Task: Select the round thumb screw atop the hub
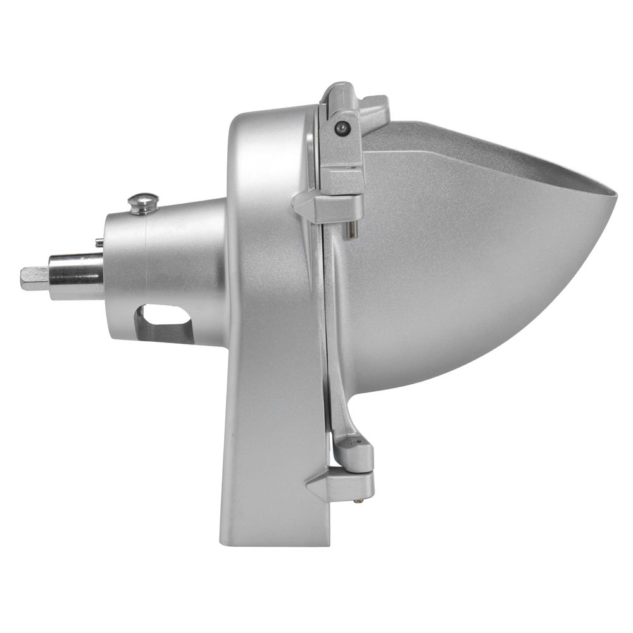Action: (x=143, y=203)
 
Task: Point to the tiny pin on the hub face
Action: (x=100, y=241)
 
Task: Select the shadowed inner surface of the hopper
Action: (x=506, y=152)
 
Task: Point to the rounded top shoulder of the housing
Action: (x=253, y=123)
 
